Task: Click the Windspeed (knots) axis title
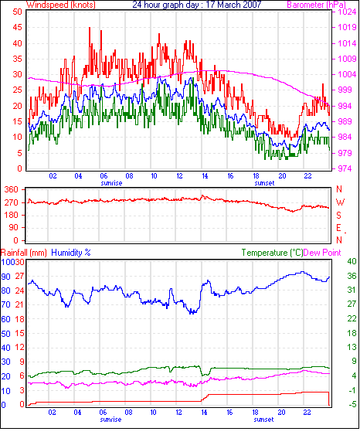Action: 61,5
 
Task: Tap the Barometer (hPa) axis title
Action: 317,5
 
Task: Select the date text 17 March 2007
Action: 233,5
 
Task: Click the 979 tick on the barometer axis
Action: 345,153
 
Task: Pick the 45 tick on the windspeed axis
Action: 17,28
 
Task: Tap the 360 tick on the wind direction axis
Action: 12,190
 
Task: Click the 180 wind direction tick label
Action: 12,215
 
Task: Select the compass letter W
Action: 340,202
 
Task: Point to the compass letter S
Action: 338,215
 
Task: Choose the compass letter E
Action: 338,228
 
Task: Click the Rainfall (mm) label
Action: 24,253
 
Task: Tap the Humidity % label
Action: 71,253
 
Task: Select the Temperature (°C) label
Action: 272,253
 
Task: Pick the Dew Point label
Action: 322,253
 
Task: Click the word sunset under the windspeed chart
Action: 264,183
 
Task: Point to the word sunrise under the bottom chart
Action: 110,420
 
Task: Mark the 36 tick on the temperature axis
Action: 352,276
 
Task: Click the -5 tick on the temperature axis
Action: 352,405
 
